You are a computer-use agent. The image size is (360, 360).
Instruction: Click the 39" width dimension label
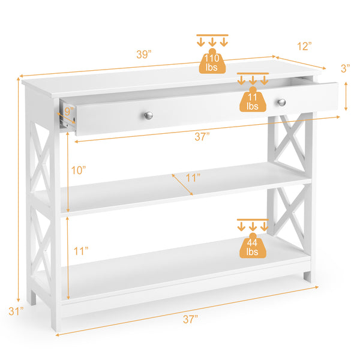coord(143,54)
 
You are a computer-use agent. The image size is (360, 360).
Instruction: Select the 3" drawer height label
coord(346,68)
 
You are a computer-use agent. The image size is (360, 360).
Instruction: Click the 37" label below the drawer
coord(202,137)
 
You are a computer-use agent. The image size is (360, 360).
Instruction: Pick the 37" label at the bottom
coord(190,320)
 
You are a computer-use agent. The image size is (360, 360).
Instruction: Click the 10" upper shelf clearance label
coord(79,170)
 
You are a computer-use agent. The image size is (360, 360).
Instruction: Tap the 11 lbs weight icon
coord(253,100)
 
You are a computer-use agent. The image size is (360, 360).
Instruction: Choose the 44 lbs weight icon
coord(253,246)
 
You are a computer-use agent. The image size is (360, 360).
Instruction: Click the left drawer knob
coord(149,115)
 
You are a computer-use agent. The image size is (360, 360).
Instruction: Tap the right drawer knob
coord(281,103)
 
